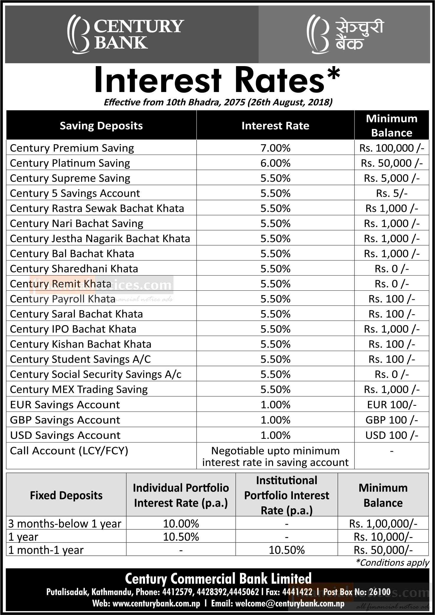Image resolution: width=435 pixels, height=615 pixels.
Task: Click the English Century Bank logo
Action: pyautogui.click(x=126, y=34)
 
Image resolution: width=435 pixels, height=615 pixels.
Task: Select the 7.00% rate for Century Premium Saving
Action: pyautogui.click(x=275, y=148)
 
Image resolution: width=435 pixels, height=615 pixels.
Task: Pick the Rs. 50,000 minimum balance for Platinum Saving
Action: pyautogui.click(x=392, y=163)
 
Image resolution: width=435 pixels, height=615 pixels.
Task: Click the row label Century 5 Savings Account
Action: pyautogui.click(x=75, y=193)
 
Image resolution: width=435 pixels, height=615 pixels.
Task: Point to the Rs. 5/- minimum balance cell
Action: pyautogui.click(x=392, y=193)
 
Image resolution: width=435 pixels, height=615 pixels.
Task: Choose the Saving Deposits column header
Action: pyautogui.click(x=101, y=126)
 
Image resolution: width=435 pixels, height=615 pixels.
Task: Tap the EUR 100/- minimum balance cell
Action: pyautogui.click(x=392, y=405)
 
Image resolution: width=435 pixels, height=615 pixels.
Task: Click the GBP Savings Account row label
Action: pyautogui.click(x=65, y=420)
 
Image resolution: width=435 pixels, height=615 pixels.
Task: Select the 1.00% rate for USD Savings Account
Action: pyautogui.click(x=275, y=435)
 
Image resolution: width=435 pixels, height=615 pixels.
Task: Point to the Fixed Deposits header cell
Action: pyautogui.click(x=66, y=495)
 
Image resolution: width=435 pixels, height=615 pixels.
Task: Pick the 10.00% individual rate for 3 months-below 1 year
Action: pyautogui.click(x=181, y=524)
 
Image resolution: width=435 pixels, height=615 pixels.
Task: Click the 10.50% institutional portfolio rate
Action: pyautogui.click(x=287, y=550)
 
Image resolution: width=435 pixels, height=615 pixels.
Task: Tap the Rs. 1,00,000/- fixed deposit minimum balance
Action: pyautogui.click(x=383, y=524)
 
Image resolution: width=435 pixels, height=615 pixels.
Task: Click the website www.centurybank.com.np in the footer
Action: pyautogui.click(x=156, y=603)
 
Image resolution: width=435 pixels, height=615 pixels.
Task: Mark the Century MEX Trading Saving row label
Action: pyautogui.click(x=79, y=390)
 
